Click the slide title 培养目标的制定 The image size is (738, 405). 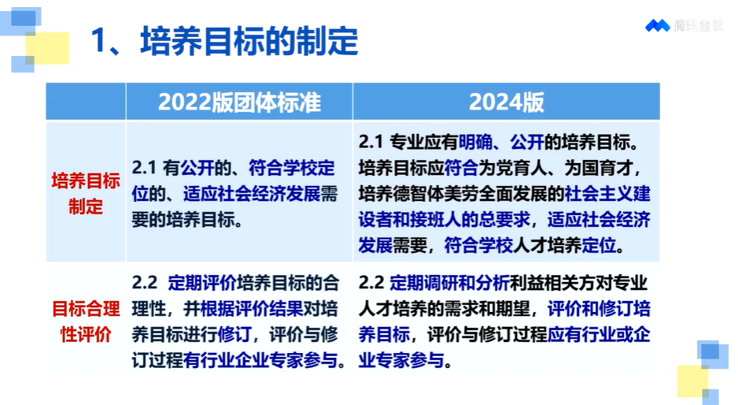(249, 41)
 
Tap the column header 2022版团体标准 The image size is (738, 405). (239, 102)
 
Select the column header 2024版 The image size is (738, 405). (507, 102)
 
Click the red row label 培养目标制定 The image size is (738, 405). (86, 194)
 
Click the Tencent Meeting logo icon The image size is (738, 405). (658, 25)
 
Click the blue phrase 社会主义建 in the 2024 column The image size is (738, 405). (607, 194)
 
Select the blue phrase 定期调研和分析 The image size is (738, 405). (449, 283)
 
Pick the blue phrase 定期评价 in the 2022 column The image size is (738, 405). (202, 283)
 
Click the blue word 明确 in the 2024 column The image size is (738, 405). (475, 143)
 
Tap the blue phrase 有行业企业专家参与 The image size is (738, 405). (260, 361)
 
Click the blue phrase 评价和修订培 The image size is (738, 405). (599, 309)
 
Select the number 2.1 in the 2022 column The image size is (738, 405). (143, 168)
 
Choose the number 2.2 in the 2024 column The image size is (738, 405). (371, 283)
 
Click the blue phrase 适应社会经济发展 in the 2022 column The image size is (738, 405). (252, 194)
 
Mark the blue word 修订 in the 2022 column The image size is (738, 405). (234, 335)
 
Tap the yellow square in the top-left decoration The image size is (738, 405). (47, 47)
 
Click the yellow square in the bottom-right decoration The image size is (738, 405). (692, 381)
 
